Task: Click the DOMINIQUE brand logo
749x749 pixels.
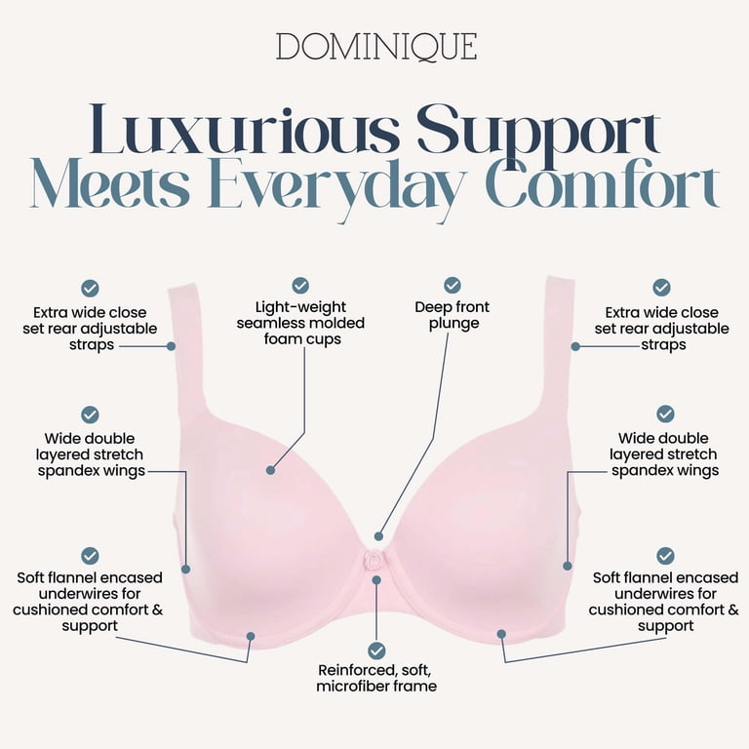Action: (376, 47)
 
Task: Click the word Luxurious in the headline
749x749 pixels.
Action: (244, 130)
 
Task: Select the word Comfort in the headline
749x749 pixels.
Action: (603, 183)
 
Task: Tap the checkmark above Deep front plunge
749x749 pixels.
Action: (452, 285)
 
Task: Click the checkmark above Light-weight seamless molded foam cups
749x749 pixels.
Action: (300, 286)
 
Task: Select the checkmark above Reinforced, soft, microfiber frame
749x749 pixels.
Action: (376, 650)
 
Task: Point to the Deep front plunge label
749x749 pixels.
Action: (453, 315)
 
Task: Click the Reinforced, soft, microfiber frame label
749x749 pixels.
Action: (376, 679)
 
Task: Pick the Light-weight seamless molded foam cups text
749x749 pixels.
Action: (301, 323)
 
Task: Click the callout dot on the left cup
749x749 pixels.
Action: (270, 470)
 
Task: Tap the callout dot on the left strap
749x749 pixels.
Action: (171, 346)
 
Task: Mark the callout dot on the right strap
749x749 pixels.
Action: (575, 347)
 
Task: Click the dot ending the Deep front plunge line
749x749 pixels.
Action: (378, 536)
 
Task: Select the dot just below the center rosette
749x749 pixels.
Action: (376, 580)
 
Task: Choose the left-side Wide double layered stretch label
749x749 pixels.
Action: (90, 454)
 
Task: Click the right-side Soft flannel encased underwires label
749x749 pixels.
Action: (664, 602)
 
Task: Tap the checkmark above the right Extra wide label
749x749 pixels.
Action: (661, 288)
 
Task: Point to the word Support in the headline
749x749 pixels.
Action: (539, 133)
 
